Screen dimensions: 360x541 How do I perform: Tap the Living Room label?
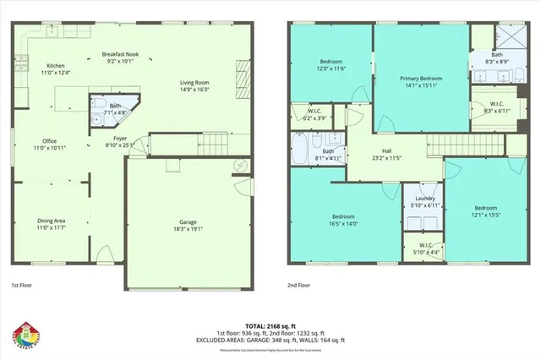tap(195, 83)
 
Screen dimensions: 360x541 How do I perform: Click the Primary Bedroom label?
tap(421, 79)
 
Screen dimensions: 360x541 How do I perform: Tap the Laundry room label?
tap(418, 199)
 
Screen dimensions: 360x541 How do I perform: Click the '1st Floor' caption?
tap(23, 286)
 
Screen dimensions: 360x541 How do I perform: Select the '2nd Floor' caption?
tap(298, 286)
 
